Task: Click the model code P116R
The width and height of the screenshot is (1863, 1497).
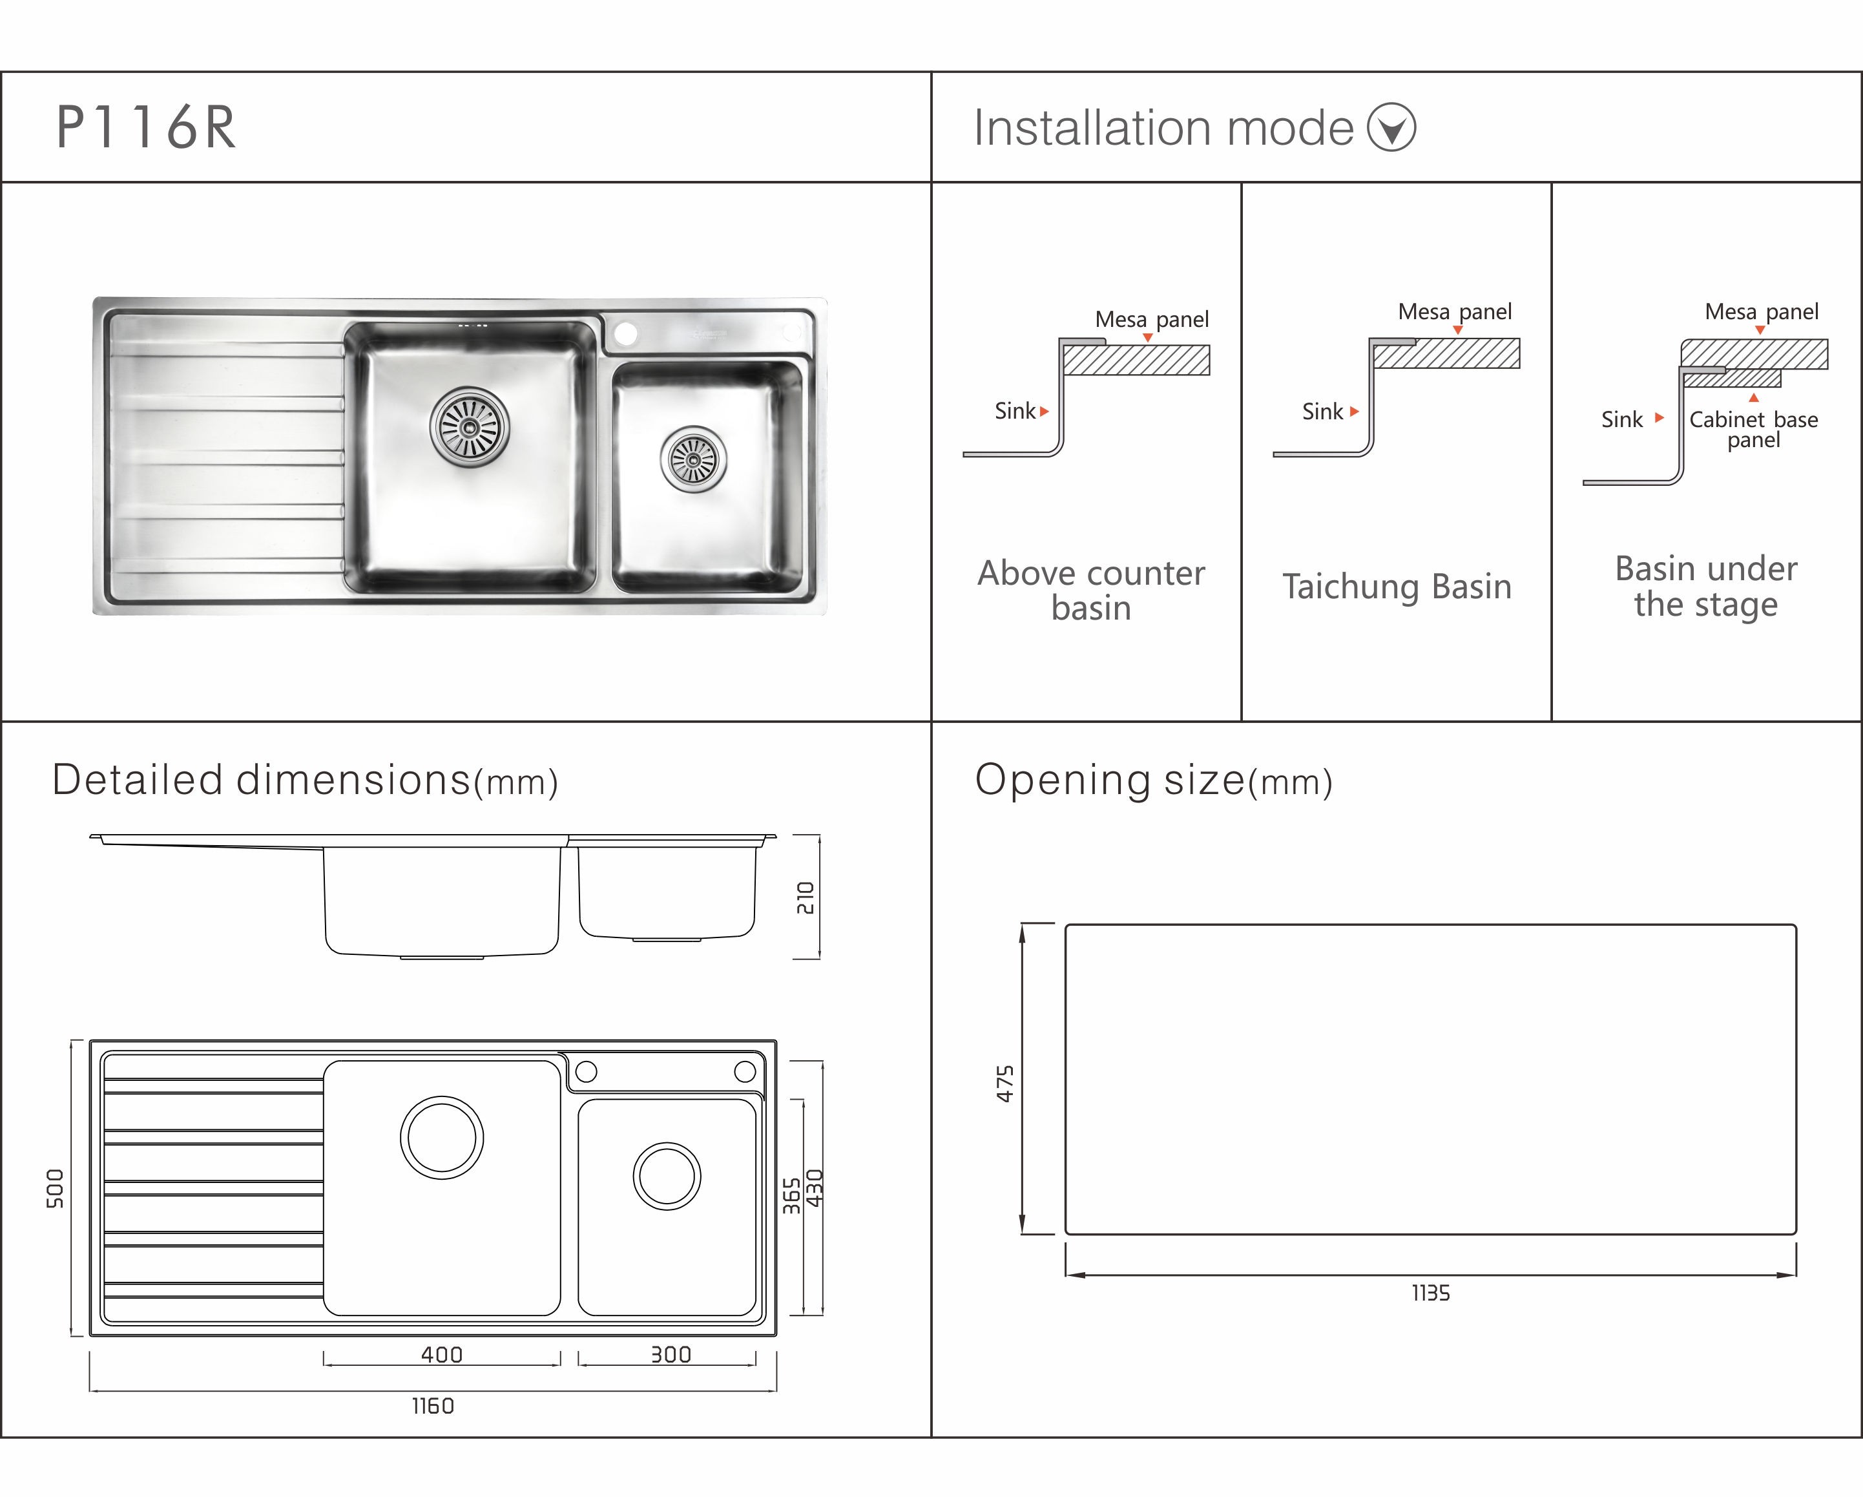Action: [x=146, y=128]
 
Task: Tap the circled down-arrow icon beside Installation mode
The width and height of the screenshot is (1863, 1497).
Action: [x=1391, y=128]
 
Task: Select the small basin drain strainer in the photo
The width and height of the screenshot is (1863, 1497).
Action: [x=693, y=459]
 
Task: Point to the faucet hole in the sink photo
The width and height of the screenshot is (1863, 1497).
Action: [x=625, y=333]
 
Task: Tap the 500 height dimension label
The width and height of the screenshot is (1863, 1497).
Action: [x=54, y=1188]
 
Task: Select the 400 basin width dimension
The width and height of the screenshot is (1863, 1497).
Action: [x=442, y=1354]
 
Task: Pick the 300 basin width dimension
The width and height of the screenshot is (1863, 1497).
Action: [x=671, y=1354]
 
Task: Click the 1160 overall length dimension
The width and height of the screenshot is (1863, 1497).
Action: [x=433, y=1407]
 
